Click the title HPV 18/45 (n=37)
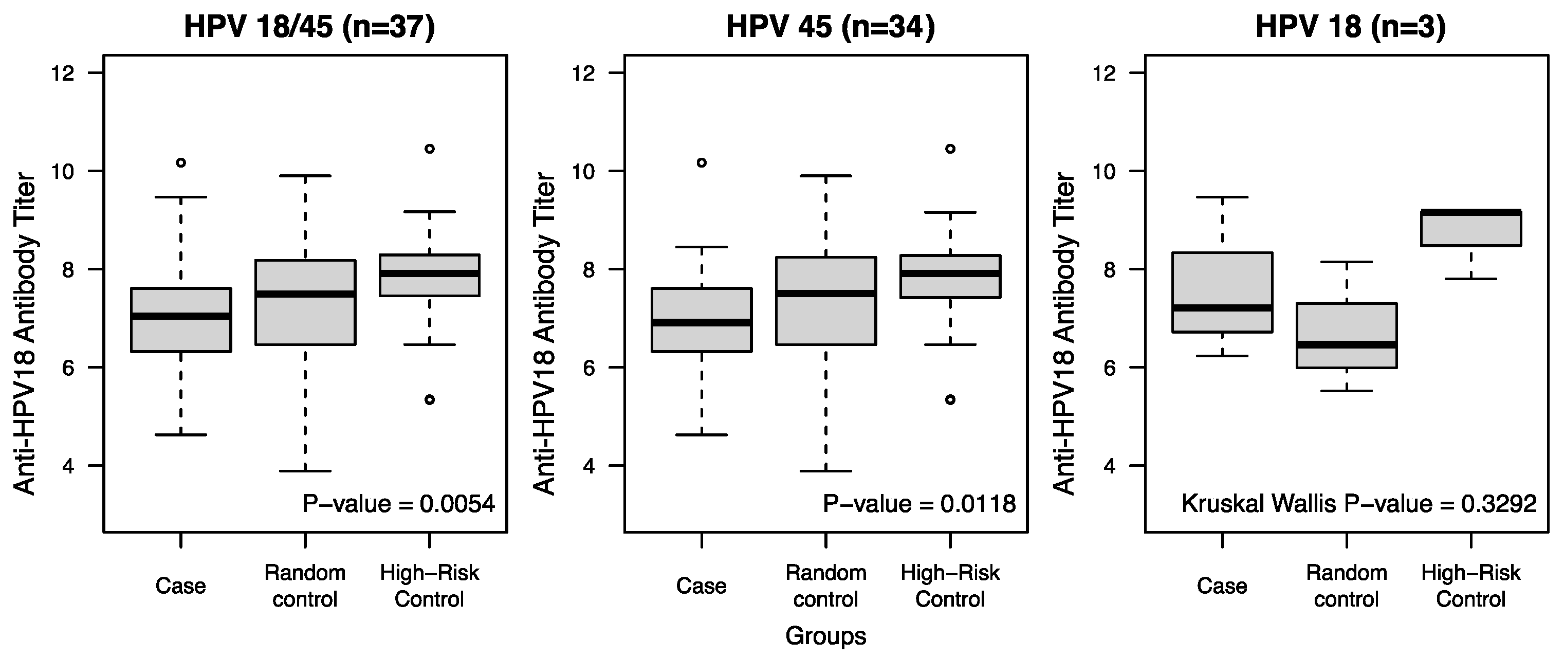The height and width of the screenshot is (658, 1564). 309,28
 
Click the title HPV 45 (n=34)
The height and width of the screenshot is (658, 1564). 831,28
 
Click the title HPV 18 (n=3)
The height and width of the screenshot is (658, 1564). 1350,28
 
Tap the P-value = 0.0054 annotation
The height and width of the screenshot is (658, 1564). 399,504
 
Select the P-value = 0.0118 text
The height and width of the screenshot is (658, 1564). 919,504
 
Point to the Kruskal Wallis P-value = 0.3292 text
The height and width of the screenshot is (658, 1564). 1359,504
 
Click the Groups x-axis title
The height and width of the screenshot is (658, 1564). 826,636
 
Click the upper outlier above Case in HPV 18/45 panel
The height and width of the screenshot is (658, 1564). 181,162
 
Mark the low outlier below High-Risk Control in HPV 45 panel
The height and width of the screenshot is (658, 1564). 950,399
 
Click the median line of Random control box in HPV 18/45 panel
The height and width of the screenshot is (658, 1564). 305,294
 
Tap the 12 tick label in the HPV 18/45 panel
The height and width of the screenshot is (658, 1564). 64,74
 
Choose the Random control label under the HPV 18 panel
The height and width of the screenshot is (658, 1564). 1346,586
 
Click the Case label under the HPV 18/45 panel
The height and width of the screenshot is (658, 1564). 180,586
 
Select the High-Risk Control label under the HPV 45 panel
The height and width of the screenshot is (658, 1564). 950,586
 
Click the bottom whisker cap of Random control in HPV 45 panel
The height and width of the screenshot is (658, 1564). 826,471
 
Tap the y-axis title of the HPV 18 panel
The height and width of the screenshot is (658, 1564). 1064,334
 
